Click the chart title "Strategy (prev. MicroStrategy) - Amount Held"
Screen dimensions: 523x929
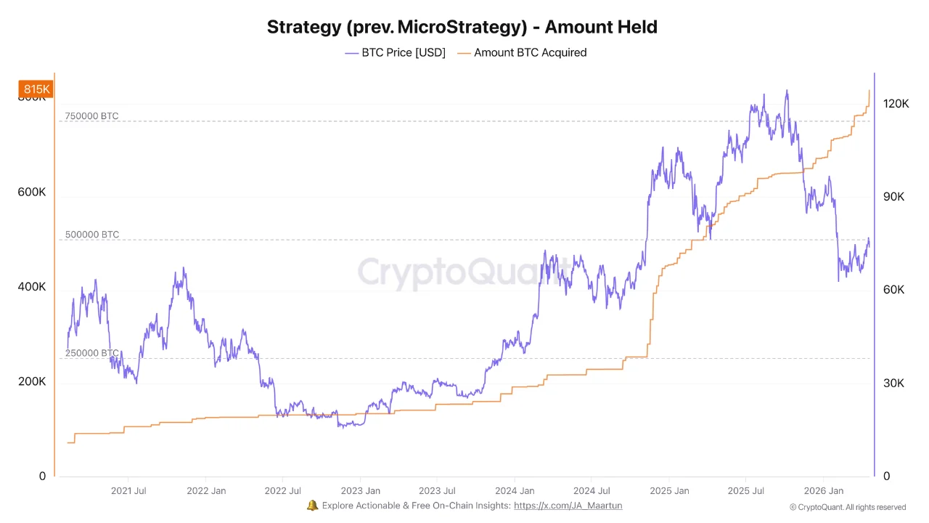point(462,28)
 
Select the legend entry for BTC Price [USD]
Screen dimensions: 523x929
point(396,52)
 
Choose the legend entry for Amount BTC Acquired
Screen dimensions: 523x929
point(523,52)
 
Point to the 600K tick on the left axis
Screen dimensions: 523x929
point(32,192)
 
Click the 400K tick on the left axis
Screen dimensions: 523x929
point(32,287)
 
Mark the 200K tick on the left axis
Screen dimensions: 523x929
point(32,381)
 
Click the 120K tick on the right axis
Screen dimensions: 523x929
point(896,104)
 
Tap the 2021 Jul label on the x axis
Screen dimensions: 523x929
point(128,491)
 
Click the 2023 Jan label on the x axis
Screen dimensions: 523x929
point(361,491)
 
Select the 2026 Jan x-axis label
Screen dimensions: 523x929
point(824,491)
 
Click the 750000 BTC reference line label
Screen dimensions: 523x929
point(91,116)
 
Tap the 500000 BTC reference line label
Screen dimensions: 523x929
point(91,235)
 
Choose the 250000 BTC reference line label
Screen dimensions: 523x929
point(91,353)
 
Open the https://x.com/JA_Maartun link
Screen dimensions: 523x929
point(568,506)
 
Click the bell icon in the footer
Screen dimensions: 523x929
point(313,506)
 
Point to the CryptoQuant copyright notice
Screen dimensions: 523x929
point(847,507)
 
